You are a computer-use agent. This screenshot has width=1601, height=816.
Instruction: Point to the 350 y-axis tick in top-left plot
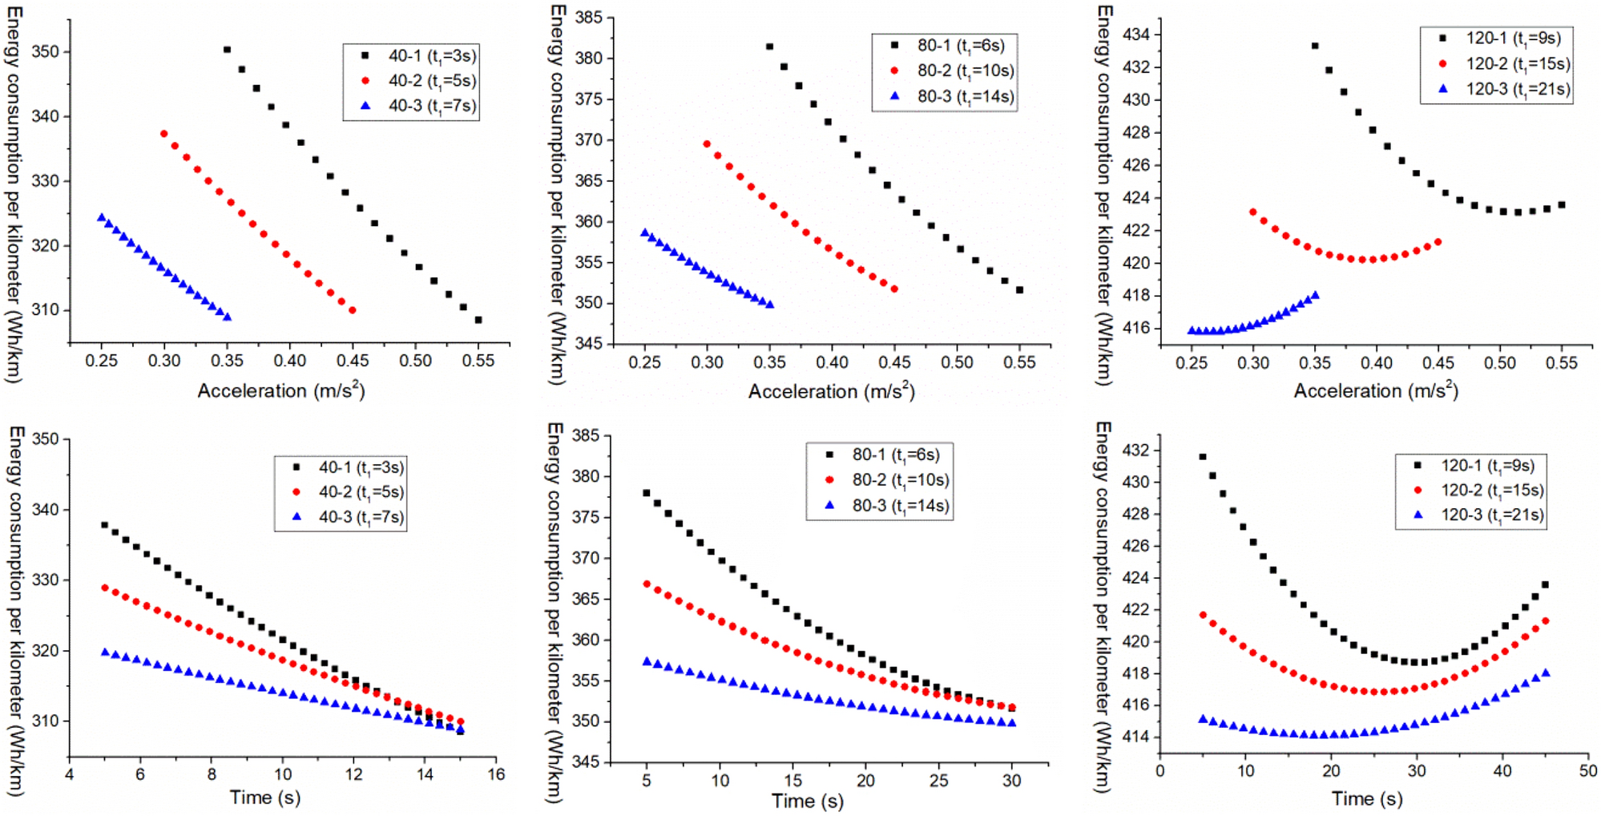pos(45,51)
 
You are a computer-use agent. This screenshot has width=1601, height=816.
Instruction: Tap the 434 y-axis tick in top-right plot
pos(1136,34)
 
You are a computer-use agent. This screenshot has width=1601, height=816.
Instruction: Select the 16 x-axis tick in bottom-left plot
pos(496,774)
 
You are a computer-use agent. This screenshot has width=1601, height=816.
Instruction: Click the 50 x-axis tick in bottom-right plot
pos(1588,771)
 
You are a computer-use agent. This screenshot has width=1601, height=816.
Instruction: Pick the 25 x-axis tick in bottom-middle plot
pos(938,780)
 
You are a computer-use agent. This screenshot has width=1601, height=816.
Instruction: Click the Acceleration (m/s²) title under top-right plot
pos(1376,391)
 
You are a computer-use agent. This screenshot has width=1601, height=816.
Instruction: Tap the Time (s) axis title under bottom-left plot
pos(265,798)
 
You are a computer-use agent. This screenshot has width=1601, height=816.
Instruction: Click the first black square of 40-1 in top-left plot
pos(227,50)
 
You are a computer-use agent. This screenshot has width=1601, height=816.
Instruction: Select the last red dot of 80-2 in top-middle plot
pos(894,289)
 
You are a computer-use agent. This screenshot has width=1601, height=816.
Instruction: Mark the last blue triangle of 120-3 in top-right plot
pos(1315,296)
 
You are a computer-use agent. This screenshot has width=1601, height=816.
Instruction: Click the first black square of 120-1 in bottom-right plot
pos(1202,457)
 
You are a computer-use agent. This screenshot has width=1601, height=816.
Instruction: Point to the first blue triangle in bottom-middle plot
pos(647,662)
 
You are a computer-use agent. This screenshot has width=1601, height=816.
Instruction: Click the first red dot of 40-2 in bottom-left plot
pos(105,588)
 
